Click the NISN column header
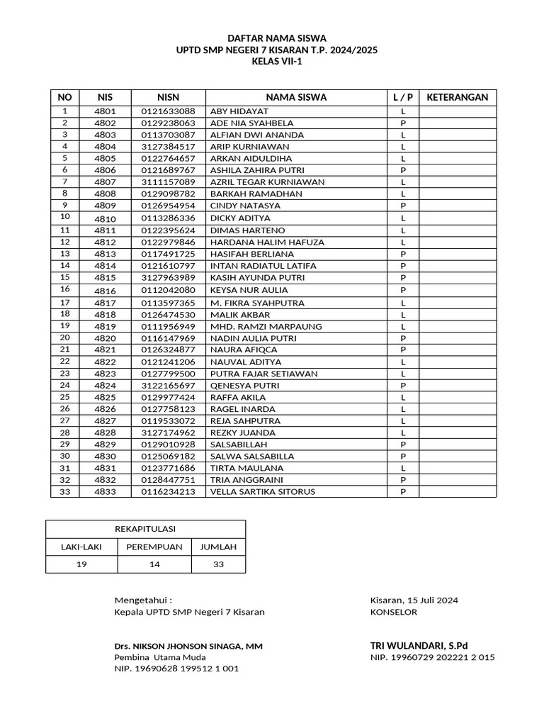tap(168, 97)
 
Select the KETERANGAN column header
tap(458, 97)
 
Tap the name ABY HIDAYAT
tap(239, 111)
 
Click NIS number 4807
tap(104, 182)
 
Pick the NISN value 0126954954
tap(168, 206)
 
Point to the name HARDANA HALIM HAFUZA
tap(267, 242)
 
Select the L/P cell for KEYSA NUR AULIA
tap(402, 290)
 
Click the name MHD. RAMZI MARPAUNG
tap(266, 327)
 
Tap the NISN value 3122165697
tap(168, 386)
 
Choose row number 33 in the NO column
tap(65, 491)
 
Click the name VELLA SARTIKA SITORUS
tap(263, 492)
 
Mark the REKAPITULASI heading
tap(145, 529)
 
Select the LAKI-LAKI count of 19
tap(81, 564)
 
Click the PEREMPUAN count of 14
tap(154, 564)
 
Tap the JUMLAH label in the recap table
tap(218, 547)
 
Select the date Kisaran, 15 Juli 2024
tap(414, 600)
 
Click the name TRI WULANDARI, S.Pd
tap(419, 645)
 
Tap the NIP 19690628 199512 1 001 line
tap(176, 669)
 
